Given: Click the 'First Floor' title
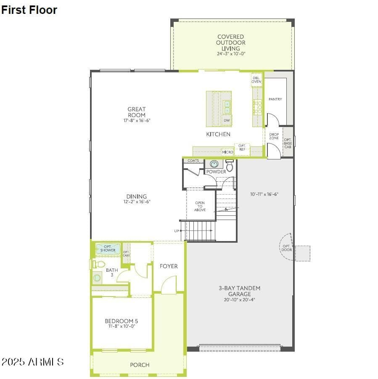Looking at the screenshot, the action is [29, 10].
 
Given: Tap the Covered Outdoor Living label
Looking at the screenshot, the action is [231, 42].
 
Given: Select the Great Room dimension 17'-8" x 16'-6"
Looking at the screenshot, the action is [137, 120].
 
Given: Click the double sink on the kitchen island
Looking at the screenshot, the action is [227, 107].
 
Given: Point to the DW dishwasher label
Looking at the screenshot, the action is [227, 120].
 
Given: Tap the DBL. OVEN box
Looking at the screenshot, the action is [256, 80].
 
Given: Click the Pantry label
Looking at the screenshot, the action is [275, 99].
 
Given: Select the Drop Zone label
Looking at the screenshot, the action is [274, 136].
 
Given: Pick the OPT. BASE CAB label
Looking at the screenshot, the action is [288, 143].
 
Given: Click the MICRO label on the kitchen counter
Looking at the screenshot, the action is [227, 152].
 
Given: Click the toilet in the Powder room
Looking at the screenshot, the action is [230, 165].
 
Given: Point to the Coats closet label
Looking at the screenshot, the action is [193, 161].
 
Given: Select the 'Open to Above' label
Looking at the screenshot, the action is [200, 207].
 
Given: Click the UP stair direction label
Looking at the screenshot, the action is [177, 231].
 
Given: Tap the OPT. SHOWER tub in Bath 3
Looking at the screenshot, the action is [108, 249].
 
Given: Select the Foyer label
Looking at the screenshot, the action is [169, 266].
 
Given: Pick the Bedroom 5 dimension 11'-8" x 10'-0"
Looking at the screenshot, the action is [122, 326].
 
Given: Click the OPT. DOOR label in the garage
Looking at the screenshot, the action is [286, 248].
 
